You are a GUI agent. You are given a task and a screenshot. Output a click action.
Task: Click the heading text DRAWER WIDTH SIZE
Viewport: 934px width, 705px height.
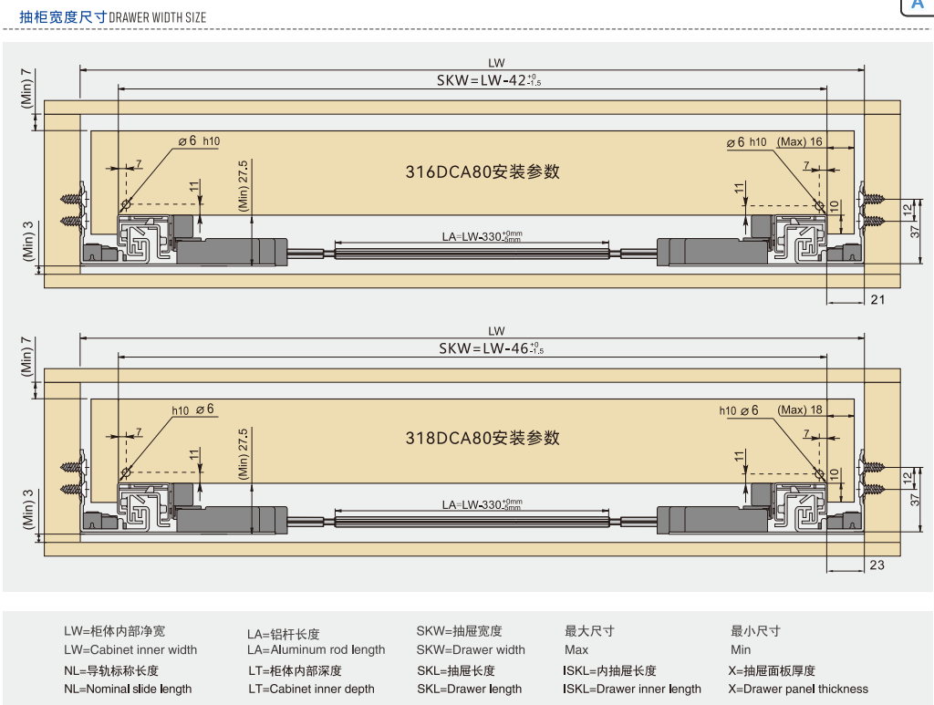click(x=158, y=17)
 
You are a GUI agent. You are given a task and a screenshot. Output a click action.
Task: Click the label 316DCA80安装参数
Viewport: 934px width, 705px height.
click(x=483, y=171)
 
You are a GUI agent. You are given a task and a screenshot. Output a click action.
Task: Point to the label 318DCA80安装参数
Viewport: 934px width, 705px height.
click(x=483, y=439)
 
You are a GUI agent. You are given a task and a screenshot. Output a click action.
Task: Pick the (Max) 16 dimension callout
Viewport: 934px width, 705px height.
click(x=800, y=141)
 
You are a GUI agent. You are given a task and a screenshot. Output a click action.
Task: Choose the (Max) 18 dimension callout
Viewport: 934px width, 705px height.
click(x=801, y=410)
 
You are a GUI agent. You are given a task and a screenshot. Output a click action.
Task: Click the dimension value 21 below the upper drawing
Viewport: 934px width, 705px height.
click(x=877, y=299)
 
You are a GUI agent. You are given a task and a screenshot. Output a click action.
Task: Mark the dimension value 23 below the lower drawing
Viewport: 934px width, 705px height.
click(x=877, y=565)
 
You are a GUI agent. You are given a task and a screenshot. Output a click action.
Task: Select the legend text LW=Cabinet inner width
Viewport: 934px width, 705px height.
click(x=130, y=650)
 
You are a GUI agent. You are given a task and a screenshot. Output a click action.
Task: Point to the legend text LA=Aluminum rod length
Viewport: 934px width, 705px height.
click(x=316, y=650)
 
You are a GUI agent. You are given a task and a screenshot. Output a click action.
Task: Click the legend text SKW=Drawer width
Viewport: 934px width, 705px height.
click(x=471, y=650)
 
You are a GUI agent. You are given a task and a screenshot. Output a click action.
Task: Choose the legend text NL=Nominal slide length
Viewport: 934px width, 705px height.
click(x=128, y=689)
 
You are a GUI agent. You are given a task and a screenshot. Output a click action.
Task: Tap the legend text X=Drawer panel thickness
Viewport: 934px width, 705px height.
click(x=798, y=689)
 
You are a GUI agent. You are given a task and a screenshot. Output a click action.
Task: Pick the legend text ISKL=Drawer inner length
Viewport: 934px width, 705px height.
click(x=632, y=689)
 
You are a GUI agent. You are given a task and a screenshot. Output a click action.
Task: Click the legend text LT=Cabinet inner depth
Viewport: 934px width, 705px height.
click(x=311, y=689)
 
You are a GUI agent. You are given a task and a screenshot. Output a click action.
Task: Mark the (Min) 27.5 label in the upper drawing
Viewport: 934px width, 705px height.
click(x=244, y=186)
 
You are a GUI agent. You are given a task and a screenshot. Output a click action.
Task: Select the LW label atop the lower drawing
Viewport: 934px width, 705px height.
click(x=496, y=331)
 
